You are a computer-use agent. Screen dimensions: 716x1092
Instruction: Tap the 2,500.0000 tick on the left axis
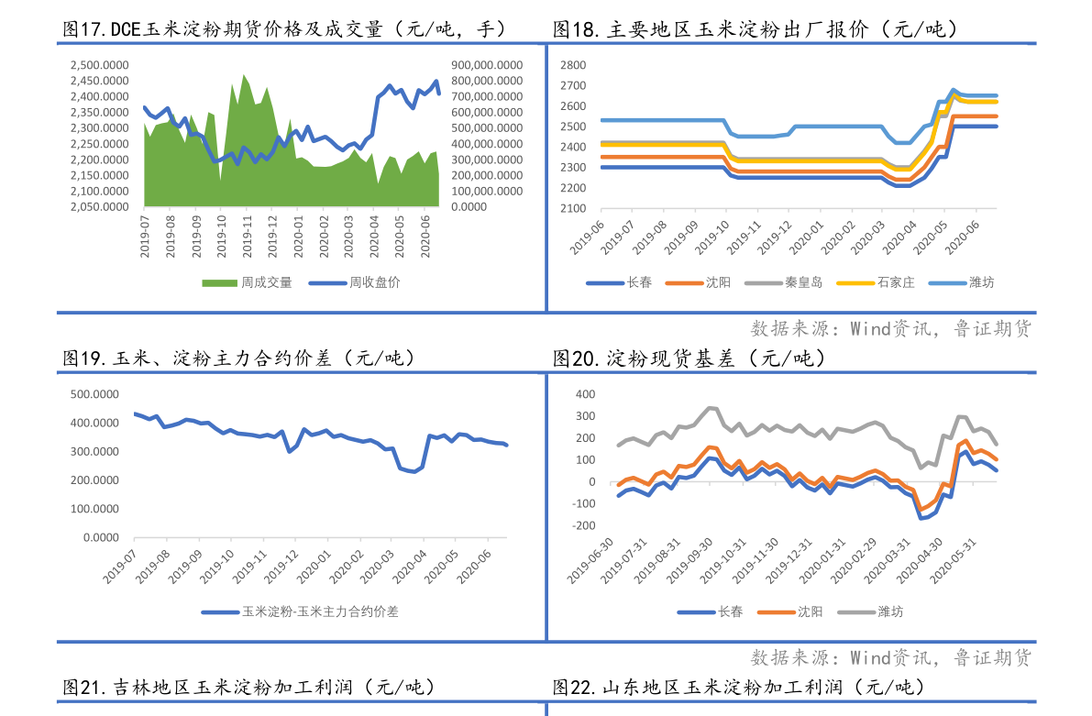point(99,65)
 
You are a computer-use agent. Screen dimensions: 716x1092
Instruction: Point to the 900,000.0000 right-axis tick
point(487,65)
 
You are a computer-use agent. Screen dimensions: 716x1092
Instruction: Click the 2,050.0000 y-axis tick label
point(99,207)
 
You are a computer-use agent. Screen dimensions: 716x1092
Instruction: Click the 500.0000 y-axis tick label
point(94,394)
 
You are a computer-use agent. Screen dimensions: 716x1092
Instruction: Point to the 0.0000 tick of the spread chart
point(101,537)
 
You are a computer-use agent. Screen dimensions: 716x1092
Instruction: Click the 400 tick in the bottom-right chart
point(585,394)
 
